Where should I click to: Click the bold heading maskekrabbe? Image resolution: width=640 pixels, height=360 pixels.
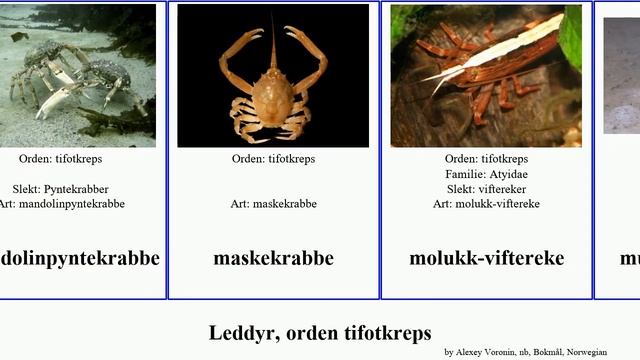click(273, 258)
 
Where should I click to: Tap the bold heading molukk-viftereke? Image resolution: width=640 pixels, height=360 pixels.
click(486, 258)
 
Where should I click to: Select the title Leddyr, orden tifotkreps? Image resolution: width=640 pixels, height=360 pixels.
click(320, 332)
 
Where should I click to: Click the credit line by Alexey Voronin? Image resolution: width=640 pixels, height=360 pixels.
click(525, 352)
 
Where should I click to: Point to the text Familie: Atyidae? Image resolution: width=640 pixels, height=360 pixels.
click(486, 173)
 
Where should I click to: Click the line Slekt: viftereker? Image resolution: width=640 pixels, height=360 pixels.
click(486, 188)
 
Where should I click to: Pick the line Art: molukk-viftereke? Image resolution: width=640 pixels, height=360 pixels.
click(486, 203)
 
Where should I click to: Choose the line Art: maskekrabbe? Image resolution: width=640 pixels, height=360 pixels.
click(273, 203)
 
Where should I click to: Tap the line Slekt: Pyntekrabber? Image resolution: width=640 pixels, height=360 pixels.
click(61, 188)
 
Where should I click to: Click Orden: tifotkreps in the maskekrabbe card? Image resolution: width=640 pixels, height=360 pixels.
click(273, 158)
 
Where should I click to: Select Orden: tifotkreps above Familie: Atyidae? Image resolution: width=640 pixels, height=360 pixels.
click(486, 158)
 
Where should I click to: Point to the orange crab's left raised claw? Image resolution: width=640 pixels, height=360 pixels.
click(240, 45)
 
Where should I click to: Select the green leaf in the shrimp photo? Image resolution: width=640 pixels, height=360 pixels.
click(571, 35)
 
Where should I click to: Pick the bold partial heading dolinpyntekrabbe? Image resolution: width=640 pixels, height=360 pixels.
click(80, 258)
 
